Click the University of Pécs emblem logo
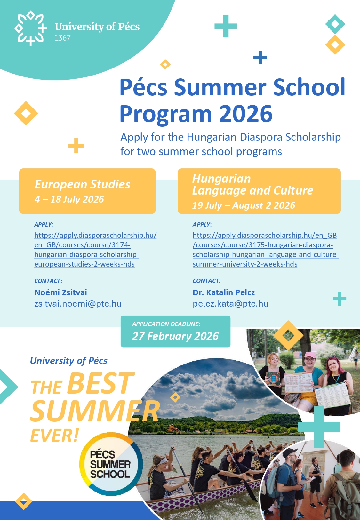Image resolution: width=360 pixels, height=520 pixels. (30, 28)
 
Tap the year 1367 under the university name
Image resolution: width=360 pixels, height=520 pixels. (63, 38)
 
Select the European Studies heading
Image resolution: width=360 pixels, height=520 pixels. (82, 184)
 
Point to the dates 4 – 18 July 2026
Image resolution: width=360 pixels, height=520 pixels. (69, 199)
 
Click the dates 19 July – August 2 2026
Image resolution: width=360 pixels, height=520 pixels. (244, 205)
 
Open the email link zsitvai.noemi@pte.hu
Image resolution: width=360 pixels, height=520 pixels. (78, 304)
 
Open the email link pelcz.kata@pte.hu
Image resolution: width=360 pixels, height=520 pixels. (230, 304)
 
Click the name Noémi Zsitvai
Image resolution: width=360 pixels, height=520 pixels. (60, 292)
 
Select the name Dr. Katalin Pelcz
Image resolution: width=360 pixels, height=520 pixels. (224, 292)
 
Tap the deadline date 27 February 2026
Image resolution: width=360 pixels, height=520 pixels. (175, 336)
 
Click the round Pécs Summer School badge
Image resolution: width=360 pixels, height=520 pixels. (111, 464)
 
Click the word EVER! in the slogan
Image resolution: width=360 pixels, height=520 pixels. (54, 435)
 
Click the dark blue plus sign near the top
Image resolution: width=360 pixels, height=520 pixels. (260, 57)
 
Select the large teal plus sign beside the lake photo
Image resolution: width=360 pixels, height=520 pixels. (319, 427)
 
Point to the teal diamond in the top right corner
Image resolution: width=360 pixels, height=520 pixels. (335, 24)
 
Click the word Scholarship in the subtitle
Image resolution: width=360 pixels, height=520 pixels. (313, 137)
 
